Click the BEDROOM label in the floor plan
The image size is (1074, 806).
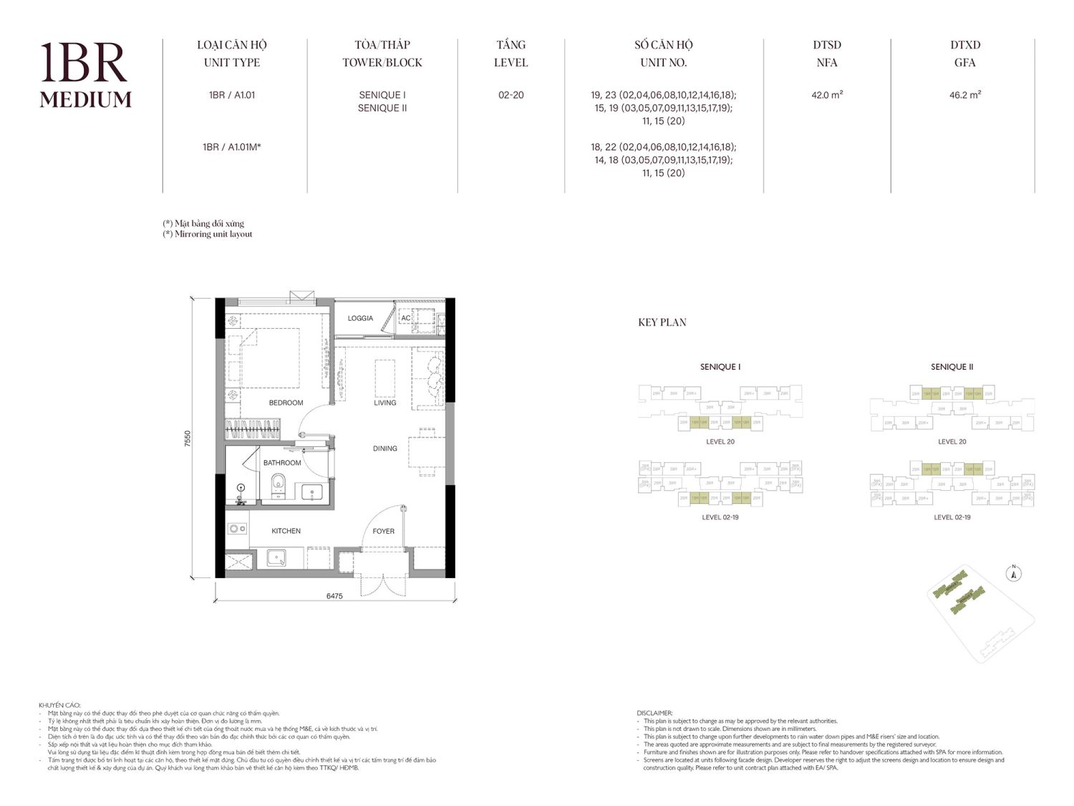(x=286, y=403)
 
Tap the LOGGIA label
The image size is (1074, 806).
(x=360, y=318)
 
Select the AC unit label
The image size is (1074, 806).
(x=406, y=318)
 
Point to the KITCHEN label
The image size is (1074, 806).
(x=286, y=531)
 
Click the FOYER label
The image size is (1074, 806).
(x=383, y=531)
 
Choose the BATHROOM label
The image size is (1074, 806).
(x=282, y=463)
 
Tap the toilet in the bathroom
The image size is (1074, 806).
(x=279, y=486)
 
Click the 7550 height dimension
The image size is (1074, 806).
(x=188, y=438)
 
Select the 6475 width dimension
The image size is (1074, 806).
(x=334, y=595)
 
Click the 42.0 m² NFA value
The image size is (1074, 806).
(x=827, y=95)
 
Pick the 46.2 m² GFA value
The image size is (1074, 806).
(x=964, y=95)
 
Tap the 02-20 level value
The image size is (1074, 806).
(x=511, y=95)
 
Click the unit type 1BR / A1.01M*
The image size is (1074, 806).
(x=231, y=147)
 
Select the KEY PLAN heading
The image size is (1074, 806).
(x=662, y=322)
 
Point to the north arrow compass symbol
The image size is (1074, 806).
(x=1014, y=572)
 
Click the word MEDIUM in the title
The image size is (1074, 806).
(x=85, y=100)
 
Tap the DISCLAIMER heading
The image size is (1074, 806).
(x=654, y=713)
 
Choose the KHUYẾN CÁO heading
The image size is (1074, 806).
(x=59, y=706)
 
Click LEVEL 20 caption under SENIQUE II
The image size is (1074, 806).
(x=952, y=441)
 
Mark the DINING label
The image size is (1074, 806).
(x=384, y=448)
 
